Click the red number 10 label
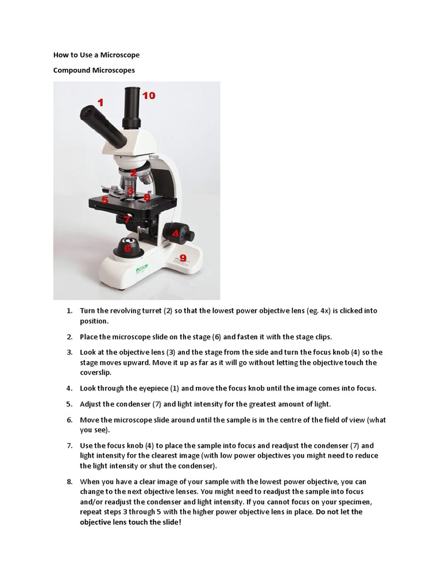point(149,96)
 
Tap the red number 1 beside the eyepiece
point(101,103)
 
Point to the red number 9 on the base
point(183,258)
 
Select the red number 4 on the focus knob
point(176,234)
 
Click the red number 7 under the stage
point(127,219)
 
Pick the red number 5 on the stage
point(105,200)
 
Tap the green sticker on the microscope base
point(141,268)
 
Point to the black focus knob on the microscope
point(179,234)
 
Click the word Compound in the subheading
point(72,70)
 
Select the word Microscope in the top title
point(120,55)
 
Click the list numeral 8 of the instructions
point(69,482)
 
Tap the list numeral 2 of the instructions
point(69,337)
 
